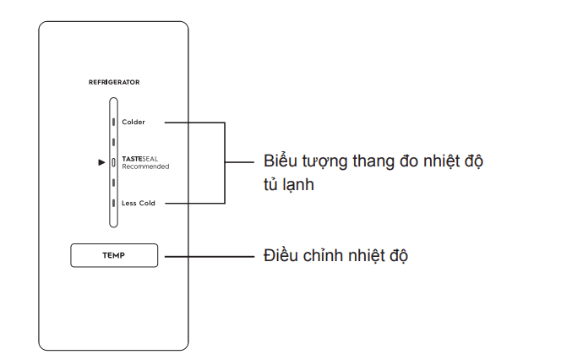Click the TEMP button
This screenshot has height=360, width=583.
[x=113, y=255]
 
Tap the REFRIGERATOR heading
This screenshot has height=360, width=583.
[x=114, y=82]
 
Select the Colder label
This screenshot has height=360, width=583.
[x=133, y=123]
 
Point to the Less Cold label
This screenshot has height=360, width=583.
[x=138, y=203]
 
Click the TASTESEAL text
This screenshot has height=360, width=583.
[x=139, y=159]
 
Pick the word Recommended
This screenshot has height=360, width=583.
[x=145, y=166]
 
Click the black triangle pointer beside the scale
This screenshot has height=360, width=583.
[x=101, y=161]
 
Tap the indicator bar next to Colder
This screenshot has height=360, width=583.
[x=113, y=123]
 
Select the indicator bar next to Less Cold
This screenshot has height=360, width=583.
[x=113, y=203]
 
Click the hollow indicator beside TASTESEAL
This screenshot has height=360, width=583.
[x=113, y=162]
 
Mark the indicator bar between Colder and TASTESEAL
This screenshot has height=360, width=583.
[x=113, y=142]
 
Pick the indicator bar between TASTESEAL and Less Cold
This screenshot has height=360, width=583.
[x=113, y=183]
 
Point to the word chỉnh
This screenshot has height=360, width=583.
[x=324, y=255]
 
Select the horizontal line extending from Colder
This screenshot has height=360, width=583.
[x=194, y=123]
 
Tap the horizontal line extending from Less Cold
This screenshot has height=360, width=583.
[x=194, y=203]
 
